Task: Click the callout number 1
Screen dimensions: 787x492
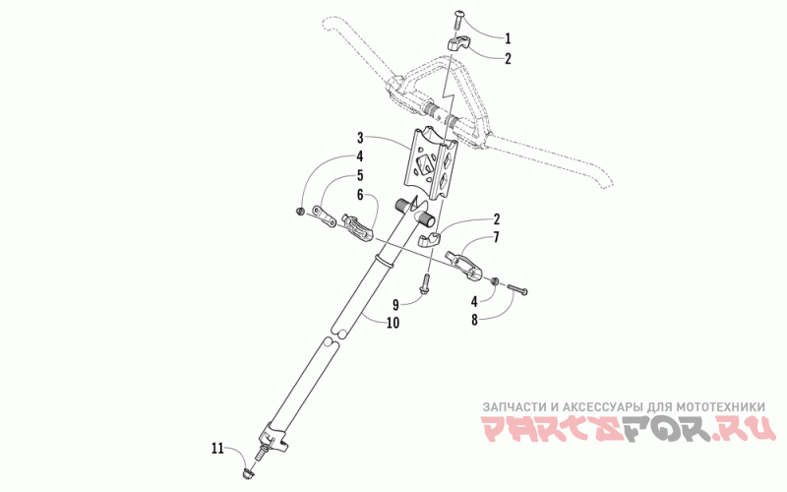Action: click(x=509, y=39)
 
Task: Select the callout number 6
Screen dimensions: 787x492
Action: click(x=361, y=194)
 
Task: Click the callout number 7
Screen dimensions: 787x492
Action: click(x=496, y=237)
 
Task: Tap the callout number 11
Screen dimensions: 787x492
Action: click(x=216, y=449)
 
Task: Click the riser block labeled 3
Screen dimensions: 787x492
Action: click(x=433, y=162)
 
